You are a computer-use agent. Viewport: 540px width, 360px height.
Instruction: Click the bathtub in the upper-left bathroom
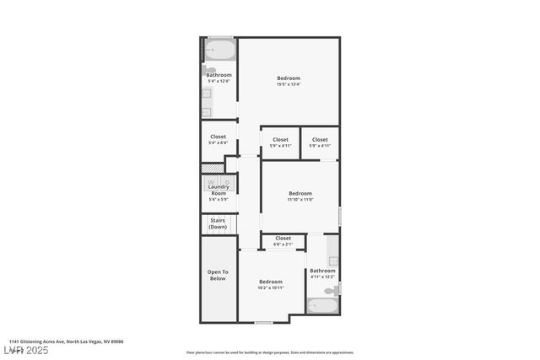[220, 51]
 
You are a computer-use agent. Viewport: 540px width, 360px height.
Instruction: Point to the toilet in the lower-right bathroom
[334, 290]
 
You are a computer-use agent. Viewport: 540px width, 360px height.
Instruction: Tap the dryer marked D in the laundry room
[226, 181]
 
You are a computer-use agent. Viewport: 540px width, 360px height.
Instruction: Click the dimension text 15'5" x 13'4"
[289, 84]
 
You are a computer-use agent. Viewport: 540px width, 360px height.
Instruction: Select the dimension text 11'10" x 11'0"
[300, 200]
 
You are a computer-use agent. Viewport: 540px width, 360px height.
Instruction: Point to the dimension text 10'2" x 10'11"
[270, 287]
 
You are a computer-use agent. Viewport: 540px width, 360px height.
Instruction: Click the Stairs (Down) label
[218, 223]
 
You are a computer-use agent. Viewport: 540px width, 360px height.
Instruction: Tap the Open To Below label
[218, 275]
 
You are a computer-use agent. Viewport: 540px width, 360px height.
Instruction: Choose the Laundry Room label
[218, 190]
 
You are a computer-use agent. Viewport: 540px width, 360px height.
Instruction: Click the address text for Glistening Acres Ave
[67, 341]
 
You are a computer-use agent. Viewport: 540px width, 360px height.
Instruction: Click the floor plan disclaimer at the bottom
[270, 352]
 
